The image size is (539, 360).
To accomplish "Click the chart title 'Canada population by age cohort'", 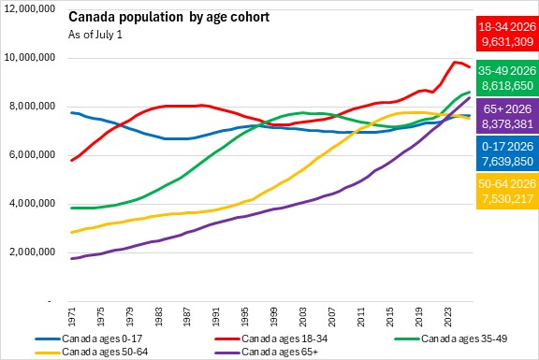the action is tap(168, 17).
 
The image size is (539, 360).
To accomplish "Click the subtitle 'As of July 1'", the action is tap(95, 35).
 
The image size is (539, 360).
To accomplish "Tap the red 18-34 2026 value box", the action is tap(507, 34).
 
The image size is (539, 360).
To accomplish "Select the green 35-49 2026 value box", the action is tap(507, 78).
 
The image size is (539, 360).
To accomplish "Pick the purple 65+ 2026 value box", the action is tap(507, 116).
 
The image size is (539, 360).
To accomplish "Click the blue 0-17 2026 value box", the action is tap(507, 153).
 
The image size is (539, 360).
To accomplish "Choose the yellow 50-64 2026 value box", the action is tap(507, 191).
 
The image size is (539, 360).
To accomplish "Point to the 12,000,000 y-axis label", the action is tap(30, 8).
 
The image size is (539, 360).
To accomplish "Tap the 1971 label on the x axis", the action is tap(71, 316).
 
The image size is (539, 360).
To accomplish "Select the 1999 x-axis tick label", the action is tap(274, 316).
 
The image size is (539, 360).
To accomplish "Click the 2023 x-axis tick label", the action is tap(447, 316).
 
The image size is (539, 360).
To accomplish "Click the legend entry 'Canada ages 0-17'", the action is tap(88, 338).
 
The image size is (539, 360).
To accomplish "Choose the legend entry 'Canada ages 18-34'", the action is tap(270, 338).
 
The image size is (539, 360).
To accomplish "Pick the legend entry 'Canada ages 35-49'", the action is tap(451, 338).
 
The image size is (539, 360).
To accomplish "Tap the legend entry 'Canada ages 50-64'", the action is tap(92, 353).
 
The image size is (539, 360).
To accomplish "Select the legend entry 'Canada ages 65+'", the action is tap(267, 353).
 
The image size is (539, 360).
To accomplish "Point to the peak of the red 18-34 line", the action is tap(455, 62).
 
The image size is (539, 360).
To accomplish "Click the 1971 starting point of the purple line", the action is tap(71, 258).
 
